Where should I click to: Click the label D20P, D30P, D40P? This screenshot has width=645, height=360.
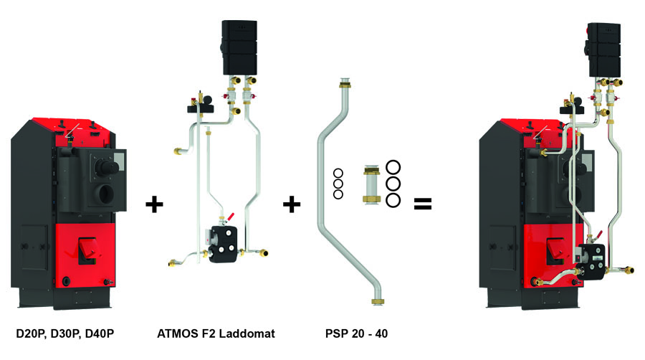65,333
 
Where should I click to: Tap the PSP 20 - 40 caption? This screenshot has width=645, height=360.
356,333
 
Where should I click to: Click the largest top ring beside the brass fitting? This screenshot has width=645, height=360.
393,169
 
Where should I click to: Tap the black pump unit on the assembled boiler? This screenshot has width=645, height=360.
594,255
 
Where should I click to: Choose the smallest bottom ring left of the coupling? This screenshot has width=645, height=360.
338,194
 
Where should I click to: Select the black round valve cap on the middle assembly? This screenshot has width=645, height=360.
199,110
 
